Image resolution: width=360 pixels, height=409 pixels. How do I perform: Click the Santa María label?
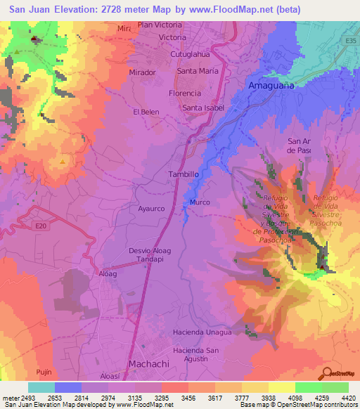(x=198, y=71)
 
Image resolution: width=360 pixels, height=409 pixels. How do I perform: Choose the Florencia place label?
(x=186, y=93)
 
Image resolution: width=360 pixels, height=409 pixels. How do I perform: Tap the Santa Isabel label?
(x=203, y=108)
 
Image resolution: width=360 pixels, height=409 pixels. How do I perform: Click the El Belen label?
(x=145, y=112)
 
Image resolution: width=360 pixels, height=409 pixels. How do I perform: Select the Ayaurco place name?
(x=150, y=209)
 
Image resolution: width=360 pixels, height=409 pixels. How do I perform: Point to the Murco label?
(x=200, y=202)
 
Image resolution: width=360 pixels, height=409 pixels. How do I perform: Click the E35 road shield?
(x=351, y=41)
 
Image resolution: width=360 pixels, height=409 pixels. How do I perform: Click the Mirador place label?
(x=142, y=72)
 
